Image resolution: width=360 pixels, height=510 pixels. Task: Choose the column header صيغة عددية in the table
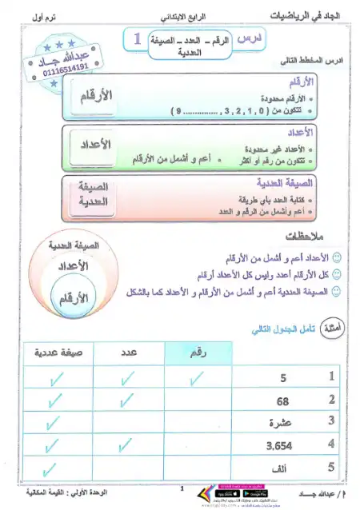tap(58, 352)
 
